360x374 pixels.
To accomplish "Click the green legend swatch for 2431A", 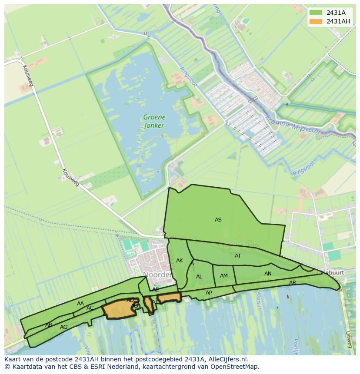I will click(x=316, y=13).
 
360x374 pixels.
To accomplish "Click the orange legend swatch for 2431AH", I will click(x=316, y=21).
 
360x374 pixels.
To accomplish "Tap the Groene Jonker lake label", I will click(x=154, y=121).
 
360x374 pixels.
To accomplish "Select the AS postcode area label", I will click(x=218, y=220).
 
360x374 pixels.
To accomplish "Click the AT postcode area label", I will click(x=238, y=256).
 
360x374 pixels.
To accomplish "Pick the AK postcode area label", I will click(x=180, y=261).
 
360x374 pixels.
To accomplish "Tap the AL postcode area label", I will click(x=199, y=277).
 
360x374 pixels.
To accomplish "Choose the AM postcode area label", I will click(x=224, y=276).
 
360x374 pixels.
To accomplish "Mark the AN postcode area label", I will click(x=268, y=274).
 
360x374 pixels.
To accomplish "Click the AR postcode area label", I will click(x=293, y=283).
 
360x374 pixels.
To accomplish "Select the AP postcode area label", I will click(x=209, y=293).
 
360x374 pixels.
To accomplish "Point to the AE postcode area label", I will click(x=156, y=290).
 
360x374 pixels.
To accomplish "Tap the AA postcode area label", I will click(x=80, y=304).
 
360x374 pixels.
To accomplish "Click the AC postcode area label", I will click(x=90, y=308).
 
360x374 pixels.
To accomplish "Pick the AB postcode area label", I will click(x=49, y=325).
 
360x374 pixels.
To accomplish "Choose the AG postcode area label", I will click(x=64, y=327).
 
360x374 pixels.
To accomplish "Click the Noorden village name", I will click(x=157, y=275).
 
